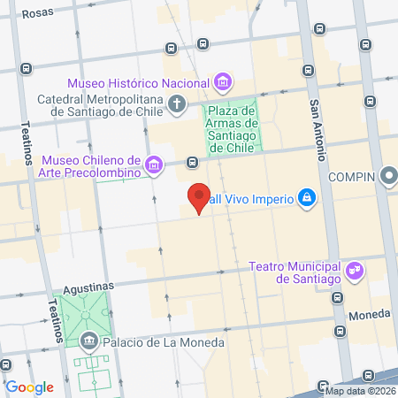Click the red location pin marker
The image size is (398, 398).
pos(199,197)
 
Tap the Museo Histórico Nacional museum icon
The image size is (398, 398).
pos(222,83)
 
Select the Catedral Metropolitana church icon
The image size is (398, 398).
pos(177,105)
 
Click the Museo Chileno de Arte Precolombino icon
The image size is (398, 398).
pos(155,164)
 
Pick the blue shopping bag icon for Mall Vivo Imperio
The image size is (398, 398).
pos(306,196)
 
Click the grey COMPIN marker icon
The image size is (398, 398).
pos(389,177)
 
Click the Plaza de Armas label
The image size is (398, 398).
pos(231,128)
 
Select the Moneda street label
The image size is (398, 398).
pos(370,314)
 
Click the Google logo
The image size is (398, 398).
pos(29,387)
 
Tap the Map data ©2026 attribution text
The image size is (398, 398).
pos(359,391)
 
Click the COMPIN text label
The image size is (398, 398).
pos(352,177)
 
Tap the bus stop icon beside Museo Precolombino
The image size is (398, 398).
pos(192,162)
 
